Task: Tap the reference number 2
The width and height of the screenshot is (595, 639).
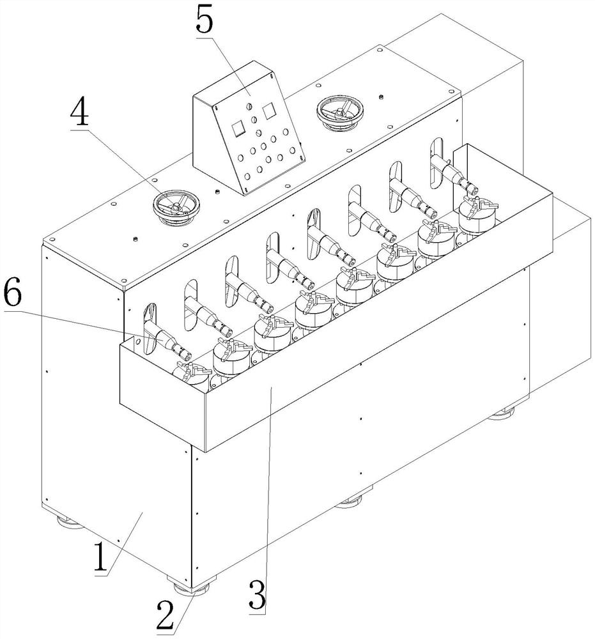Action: [x=165, y=616]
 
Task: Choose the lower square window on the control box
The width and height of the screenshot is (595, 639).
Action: [x=238, y=128]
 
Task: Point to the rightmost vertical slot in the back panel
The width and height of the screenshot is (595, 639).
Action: [x=437, y=155]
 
